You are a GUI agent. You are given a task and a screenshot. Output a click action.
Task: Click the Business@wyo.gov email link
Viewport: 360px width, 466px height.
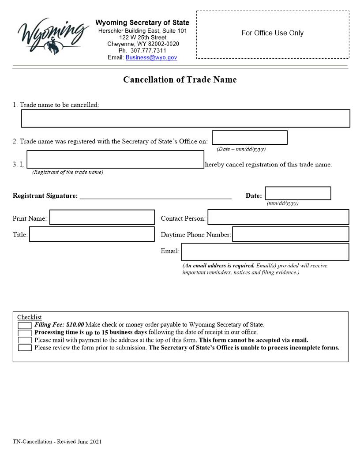point(151,57)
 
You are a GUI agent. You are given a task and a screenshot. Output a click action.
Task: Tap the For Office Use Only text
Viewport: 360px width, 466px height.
point(272,33)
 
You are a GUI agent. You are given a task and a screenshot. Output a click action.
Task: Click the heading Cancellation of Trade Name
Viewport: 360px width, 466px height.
point(180,80)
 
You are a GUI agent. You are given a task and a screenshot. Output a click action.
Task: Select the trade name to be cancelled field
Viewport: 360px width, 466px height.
point(185,118)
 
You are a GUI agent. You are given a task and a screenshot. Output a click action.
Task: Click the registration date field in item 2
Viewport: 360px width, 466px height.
point(249,138)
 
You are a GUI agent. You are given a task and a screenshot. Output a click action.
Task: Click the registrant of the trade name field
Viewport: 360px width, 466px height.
point(115,159)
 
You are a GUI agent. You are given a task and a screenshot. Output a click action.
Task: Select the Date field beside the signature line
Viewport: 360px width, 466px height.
point(298,193)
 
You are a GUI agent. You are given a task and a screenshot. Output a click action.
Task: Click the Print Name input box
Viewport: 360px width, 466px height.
point(102,217)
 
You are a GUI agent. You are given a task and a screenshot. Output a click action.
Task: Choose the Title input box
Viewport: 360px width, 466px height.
point(92,234)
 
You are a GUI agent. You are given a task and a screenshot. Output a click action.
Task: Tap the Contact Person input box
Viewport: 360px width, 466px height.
point(278,217)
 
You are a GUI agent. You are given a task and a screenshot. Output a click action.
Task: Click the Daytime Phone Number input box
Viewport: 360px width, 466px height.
point(290,234)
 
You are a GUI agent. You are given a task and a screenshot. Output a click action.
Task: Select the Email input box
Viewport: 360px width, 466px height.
point(265,252)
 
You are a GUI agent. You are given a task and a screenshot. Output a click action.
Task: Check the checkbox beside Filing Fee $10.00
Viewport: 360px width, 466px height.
point(25,325)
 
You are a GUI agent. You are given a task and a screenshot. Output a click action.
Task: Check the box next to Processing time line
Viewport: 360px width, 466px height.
point(25,332)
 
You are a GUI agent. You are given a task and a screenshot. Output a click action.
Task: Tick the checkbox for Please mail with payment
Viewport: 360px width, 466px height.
point(25,340)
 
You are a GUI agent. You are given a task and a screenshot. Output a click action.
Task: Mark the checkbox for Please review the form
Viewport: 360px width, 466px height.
point(25,347)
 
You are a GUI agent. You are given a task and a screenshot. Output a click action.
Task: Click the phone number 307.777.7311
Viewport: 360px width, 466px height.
point(148,51)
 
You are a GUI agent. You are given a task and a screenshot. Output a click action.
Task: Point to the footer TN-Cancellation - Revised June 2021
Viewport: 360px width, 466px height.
point(57,441)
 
